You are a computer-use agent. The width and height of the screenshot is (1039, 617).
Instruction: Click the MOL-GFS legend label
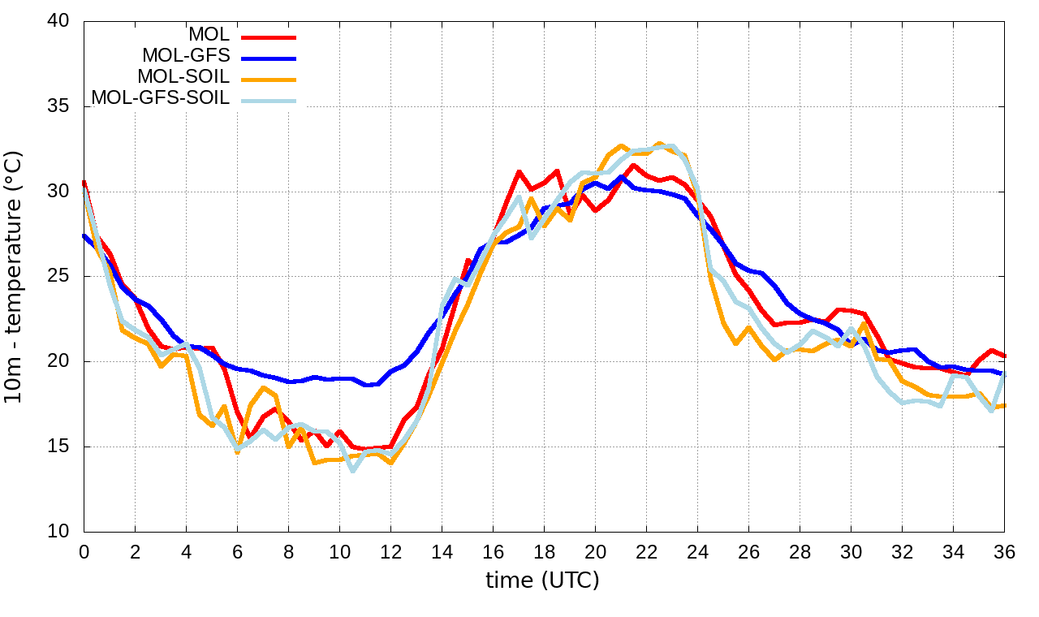(x=186, y=56)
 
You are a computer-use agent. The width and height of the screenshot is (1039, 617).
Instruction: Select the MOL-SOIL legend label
(x=183, y=77)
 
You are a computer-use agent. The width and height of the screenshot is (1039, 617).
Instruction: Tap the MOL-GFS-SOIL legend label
(x=160, y=98)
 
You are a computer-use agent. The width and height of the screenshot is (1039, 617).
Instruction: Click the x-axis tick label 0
(x=84, y=552)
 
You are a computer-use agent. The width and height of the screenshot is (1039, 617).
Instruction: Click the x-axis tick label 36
(x=1004, y=552)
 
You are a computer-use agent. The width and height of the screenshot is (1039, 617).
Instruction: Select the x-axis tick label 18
(x=544, y=552)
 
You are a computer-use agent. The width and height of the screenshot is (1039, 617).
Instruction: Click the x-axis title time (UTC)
(x=542, y=581)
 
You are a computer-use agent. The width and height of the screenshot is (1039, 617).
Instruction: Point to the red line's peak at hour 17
(x=519, y=171)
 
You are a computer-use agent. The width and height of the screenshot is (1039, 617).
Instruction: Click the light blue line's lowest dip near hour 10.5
(x=352, y=471)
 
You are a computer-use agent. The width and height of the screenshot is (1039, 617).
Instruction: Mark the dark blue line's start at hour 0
(x=84, y=235)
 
